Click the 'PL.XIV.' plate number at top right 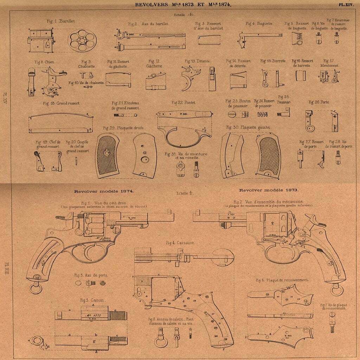346,5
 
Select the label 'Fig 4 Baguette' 259,24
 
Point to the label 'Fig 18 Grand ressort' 61,103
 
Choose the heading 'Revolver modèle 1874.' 104,192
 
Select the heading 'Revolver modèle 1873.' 269,190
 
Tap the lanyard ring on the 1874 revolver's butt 35,288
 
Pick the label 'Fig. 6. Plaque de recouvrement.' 283,280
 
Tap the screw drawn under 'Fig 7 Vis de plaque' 331,322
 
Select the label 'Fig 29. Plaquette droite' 124,128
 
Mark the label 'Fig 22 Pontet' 184,102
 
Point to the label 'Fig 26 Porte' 319,102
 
